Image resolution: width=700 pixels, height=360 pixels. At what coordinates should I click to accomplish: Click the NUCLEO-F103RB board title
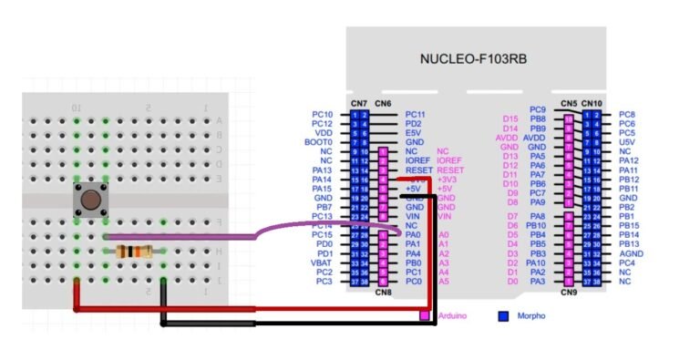474,58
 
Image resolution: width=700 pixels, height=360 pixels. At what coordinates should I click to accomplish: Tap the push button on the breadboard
90,201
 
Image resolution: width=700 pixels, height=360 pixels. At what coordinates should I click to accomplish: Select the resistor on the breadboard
135,252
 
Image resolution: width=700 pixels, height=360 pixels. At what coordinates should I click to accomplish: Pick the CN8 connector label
383,293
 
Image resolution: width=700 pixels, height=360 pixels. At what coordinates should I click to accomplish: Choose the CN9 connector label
570,293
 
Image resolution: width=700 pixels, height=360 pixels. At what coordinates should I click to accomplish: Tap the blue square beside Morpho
502,316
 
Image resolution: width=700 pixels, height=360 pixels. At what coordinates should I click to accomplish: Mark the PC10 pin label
323,115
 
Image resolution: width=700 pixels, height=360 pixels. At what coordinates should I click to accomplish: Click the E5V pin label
414,133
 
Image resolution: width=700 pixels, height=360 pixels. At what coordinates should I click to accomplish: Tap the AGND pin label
633,253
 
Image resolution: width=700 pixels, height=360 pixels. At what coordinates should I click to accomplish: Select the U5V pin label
628,142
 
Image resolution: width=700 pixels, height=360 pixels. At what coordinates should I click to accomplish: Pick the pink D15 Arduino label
510,118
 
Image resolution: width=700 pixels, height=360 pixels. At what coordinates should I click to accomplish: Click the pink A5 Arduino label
444,282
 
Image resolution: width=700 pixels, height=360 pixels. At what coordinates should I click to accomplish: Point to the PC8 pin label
627,115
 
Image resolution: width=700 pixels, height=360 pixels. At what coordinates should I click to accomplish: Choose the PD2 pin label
414,124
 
